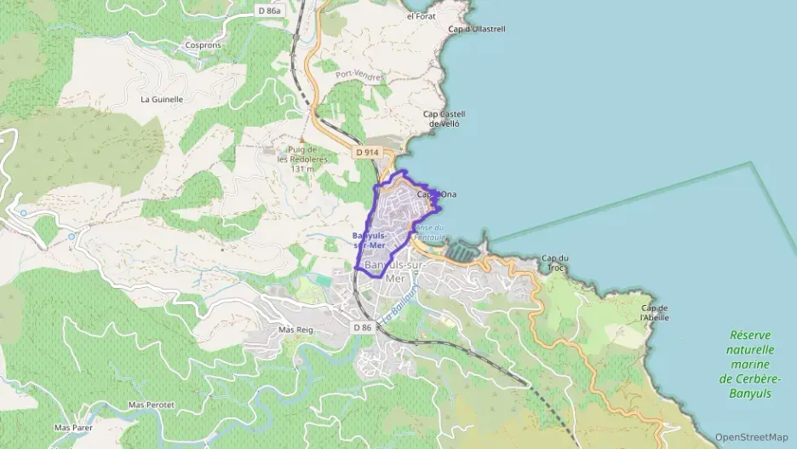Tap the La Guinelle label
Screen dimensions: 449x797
click(162, 99)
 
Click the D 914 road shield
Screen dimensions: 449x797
click(366, 152)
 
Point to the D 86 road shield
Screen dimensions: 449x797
click(362, 327)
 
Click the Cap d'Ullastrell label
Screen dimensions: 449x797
click(477, 29)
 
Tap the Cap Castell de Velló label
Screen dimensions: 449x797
click(443, 118)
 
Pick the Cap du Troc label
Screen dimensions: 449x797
click(554, 262)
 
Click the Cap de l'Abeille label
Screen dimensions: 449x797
click(655, 313)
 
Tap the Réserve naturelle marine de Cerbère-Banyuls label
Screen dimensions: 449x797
click(750, 365)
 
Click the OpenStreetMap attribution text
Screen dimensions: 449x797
click(751, 437)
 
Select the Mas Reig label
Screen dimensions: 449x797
click(296, 329)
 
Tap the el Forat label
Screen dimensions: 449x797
click(421, 16)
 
